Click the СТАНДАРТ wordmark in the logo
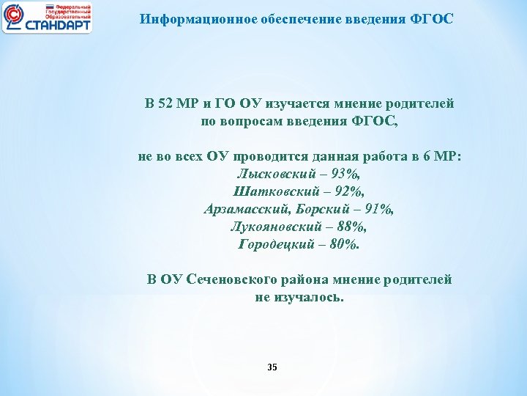[58, 25]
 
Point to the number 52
[171, 104]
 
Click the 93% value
[345, 175]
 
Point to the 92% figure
[348, 192]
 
